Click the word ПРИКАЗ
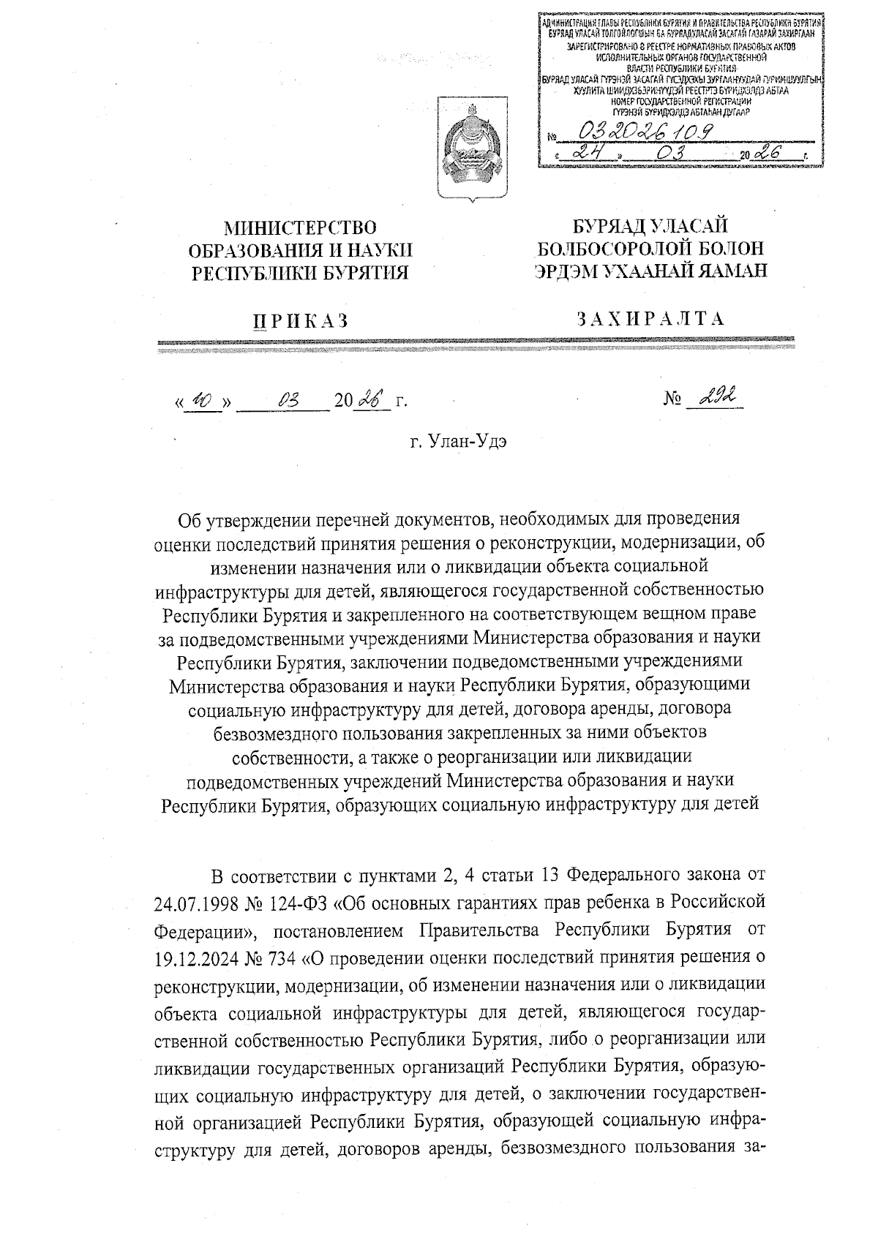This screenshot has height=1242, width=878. [x=301, y=320]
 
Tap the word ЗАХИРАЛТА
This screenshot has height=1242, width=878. [x=650, y=319]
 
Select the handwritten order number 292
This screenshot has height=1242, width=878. [x=716, y=398]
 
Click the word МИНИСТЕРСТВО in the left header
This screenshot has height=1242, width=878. [x=300, y=228]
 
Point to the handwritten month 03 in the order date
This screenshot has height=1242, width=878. [x=285, y=400]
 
